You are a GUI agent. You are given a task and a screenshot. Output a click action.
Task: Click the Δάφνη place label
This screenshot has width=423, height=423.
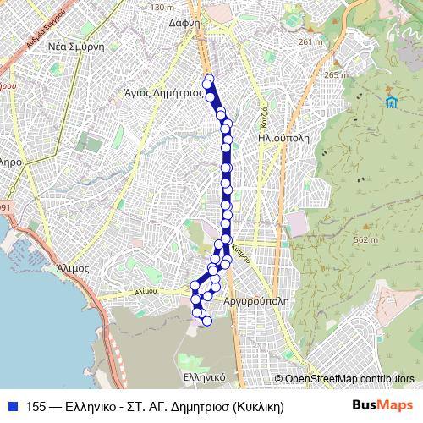coord(184,24)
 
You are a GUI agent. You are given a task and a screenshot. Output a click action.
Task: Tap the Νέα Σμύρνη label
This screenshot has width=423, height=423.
coord(75,47)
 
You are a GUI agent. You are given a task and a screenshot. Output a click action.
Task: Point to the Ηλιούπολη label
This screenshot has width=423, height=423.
coord(284,135)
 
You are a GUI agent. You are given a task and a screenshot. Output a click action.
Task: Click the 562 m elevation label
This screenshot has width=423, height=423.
coord(365,239)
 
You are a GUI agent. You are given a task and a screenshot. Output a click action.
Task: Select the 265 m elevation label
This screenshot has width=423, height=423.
coord(336,75)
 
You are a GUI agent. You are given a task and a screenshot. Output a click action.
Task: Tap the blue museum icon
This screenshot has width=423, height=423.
coord(391,103)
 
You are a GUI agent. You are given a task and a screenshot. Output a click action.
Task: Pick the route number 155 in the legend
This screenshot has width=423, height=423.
coord(36,406)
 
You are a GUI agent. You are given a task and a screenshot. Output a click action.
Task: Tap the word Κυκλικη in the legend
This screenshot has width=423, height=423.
coord(260,406)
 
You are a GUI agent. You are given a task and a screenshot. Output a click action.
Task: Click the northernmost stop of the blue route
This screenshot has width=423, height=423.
coord(208,82)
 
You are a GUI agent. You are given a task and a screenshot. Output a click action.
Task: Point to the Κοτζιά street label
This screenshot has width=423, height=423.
coord(264,113)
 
